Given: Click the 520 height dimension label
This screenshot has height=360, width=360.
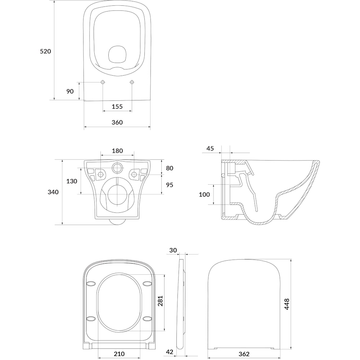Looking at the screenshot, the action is (45, 51).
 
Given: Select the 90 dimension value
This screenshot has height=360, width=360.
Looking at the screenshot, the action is (70, 91).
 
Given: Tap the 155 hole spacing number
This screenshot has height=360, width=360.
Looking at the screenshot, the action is (117, 107).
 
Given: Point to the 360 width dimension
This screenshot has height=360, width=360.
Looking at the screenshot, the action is (117, 122).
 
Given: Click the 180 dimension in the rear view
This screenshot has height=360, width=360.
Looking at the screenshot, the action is (117, 151).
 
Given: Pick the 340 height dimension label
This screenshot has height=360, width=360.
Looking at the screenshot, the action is (53, 192).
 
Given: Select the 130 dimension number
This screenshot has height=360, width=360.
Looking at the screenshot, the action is (72, 181).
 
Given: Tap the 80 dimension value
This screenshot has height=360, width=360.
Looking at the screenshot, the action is (170, 168).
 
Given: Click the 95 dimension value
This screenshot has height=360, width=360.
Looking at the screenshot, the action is (170, 185).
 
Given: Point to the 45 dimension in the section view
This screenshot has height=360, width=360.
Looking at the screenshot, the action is (210, 149).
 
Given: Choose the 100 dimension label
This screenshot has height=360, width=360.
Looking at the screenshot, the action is (204, 194).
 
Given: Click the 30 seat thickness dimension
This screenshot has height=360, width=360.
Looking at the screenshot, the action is (173, 250).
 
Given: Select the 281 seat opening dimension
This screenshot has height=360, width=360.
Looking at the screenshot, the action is (160, 301).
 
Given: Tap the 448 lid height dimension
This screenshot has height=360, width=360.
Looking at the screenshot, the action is (287, 304).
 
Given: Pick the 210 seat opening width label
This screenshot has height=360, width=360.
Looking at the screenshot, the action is (119, 354).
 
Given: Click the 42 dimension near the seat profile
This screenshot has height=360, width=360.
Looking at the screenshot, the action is (170, 352).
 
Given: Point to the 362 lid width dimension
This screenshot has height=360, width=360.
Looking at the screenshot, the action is (244, 354).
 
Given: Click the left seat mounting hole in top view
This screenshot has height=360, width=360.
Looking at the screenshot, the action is (103, 82).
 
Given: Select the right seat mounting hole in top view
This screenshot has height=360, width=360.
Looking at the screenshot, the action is (132, 82).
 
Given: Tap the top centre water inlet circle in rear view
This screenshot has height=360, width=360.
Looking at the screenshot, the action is (117, 168).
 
